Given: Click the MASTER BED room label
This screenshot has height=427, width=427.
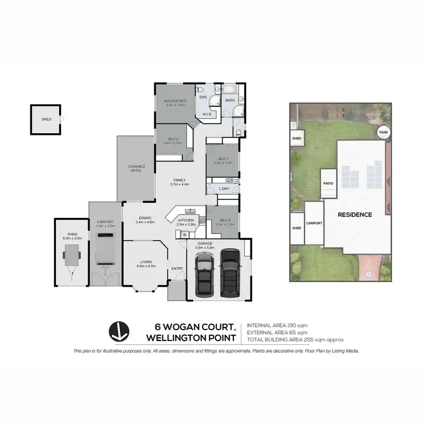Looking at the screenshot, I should [x=174, y=100].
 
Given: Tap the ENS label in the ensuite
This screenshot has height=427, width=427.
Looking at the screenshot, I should [x=202, y=97].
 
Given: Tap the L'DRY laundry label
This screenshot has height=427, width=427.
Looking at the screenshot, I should [x=224, y=188].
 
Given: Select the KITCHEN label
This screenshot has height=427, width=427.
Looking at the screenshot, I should [x=186, y=220].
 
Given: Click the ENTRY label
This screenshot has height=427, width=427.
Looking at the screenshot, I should [x=177, y=269].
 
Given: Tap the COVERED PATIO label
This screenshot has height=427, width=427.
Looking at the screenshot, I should [x=136, y=168].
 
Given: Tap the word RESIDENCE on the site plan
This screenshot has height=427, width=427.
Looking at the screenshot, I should [x=355, y=215].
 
